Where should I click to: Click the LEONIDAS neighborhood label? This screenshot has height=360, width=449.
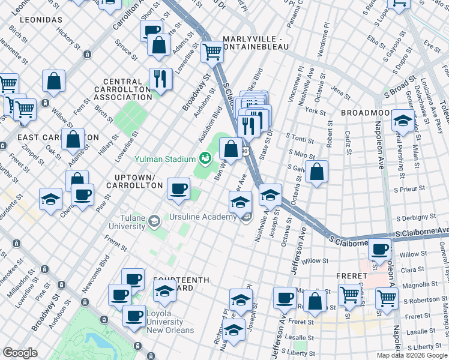(x=41, y=20)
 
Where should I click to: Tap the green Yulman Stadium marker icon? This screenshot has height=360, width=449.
(x=206, y=158)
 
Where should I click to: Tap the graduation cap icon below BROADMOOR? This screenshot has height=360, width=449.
(x=402, y=120)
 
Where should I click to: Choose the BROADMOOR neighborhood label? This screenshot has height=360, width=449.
(x=366, y=113)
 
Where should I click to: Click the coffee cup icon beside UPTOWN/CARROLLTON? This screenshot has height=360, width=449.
(x=178, y=188)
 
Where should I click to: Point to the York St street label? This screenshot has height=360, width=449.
(x=315, y=112)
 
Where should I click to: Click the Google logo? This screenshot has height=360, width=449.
(x=20, y=353)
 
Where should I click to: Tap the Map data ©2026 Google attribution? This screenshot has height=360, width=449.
(x=412, y=355)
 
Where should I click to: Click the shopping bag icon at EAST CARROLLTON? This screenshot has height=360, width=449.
(x=73, y=139)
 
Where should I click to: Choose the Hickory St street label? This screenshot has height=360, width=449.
(x=68, y=39)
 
